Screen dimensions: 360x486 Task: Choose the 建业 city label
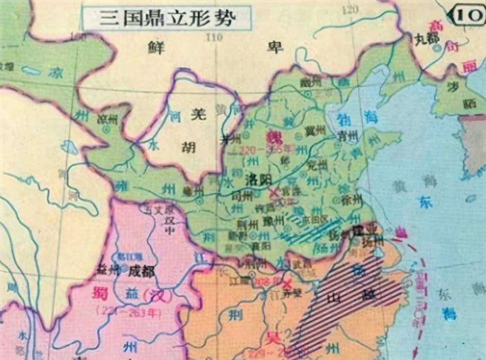tap(365, 229)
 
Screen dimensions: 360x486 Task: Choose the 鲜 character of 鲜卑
tap(156, 46)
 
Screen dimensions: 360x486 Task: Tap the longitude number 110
tap(214, 36)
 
